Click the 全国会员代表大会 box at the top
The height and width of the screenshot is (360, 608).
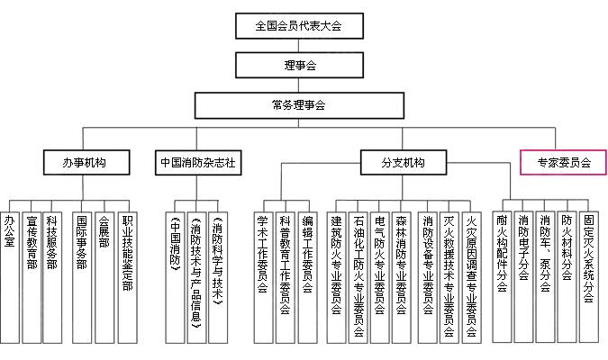click(x=299, y=25)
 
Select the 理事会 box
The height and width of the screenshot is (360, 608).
click(x=299, y=65)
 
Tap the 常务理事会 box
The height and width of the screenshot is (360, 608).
click(x=299, y=104)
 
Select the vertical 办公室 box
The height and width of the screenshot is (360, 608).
click(x=10, y=274)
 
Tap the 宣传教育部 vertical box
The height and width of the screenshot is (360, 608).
click(x=32, y=274)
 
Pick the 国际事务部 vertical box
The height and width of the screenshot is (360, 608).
click(x=83, y=274)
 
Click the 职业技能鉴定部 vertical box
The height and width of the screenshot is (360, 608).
click(x=128, y=274)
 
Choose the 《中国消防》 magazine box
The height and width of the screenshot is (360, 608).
click(x=175, y=274)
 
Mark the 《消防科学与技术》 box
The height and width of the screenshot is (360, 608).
click(x=218, y=274)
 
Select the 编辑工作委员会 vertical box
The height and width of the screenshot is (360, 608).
click(x=307, y=274)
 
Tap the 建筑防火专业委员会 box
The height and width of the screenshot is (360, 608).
click(x=336, y=274)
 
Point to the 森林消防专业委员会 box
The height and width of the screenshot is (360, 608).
click(x=402, y=274)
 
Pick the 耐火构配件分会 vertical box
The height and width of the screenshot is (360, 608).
click(x=502, y=274)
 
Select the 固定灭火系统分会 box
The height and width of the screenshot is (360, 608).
click(x=588, y=274)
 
